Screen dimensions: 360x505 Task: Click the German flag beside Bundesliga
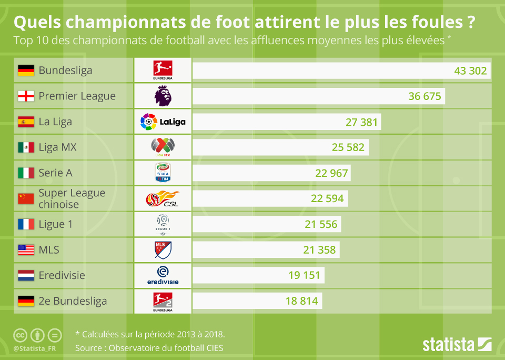26,71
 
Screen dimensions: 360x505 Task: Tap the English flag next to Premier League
26,96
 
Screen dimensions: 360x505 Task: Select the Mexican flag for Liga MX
26,147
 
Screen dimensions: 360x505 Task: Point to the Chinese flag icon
26,198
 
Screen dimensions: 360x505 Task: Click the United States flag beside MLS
26,249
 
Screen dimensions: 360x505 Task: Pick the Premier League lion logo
163,96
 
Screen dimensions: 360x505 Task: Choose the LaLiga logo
163,122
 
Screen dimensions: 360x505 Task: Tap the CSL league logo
163,199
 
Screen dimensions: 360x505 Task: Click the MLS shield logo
163,249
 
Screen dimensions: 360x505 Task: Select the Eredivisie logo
163,275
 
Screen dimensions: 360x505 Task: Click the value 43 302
470,71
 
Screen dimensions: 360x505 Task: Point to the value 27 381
362,122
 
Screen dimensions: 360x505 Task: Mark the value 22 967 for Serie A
331,173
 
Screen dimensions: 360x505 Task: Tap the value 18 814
301,301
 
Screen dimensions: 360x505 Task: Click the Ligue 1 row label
55,224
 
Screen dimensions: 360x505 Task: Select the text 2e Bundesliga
73,301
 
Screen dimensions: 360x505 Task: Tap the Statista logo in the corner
457,345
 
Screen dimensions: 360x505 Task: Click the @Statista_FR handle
35,348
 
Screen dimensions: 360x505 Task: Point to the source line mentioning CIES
149,348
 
